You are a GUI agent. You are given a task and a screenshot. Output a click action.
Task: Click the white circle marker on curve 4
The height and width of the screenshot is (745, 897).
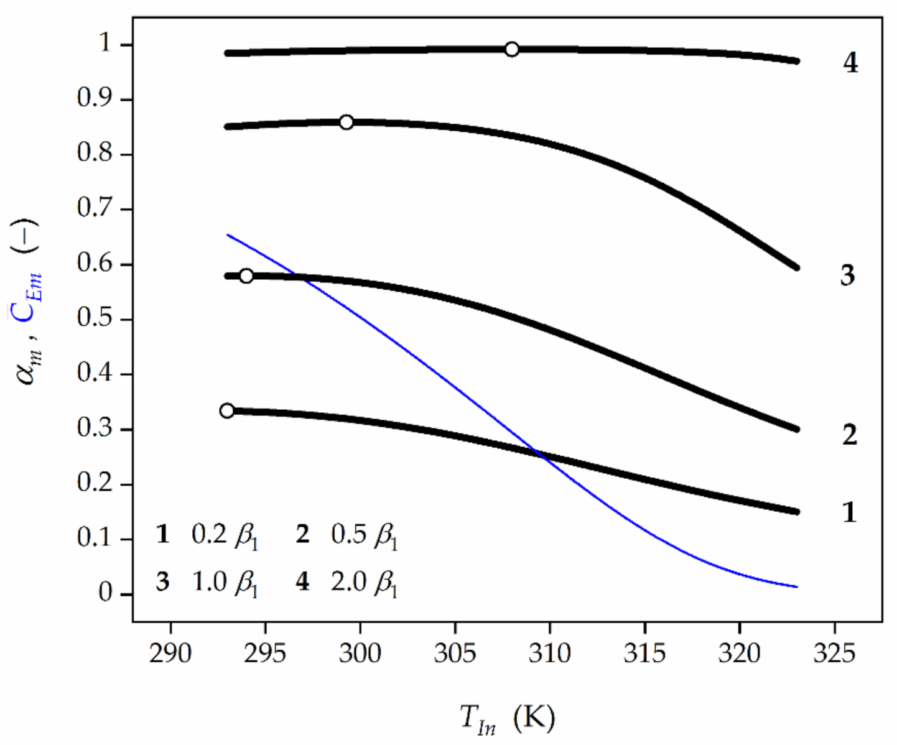tap(511, 49)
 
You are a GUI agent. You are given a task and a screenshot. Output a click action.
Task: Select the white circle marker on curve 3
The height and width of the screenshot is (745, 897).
tap(346, 123)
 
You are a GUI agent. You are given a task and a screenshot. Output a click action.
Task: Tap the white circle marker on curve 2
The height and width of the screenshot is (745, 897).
tap(246, 275)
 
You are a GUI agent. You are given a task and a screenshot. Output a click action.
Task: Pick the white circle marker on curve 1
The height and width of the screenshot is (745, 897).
tap(227, 410)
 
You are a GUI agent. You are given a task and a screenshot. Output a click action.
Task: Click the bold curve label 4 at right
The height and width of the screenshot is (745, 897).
tap(850, 63)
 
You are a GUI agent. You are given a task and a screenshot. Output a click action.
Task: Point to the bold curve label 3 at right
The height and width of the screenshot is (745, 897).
tap(847, 275)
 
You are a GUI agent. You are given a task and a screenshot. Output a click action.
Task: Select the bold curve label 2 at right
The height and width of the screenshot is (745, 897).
tap(850, 435)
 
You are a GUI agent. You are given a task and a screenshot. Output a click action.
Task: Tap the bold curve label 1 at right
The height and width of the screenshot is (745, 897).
tap(849, 512)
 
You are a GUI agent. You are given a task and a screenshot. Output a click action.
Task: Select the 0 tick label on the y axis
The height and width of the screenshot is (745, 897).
tap(105, 593)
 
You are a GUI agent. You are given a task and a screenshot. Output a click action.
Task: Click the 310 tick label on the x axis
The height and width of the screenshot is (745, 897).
tap(549, 654)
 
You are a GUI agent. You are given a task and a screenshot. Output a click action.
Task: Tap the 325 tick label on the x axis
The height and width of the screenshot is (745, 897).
tap(834, 654)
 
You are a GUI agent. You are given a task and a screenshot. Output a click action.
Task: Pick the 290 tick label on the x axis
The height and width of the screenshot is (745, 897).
tap(170, 654)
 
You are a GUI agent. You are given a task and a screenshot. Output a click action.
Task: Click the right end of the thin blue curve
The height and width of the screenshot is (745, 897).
tap(797, 586)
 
